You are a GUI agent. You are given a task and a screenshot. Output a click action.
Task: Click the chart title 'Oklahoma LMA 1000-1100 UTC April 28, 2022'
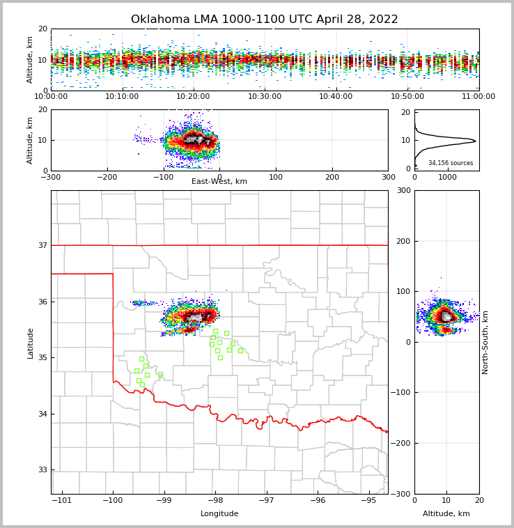(x=265, y=20)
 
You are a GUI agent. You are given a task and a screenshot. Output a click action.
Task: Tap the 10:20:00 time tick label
(x=193, y=97)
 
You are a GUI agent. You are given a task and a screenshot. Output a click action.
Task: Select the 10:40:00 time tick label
(x=336, y=97)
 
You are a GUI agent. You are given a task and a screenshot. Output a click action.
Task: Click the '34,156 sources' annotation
(x=451, y=163)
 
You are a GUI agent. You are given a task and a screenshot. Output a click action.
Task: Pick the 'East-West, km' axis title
(x=219, y=182)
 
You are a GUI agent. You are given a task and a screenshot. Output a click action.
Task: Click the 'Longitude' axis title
(x=219, y=514)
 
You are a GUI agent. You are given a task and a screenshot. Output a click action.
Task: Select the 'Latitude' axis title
(x=31, y=343)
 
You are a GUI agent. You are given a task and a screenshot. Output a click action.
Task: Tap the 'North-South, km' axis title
(x=485, y=342)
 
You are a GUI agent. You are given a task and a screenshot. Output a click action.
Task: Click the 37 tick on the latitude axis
(x=42, y=245)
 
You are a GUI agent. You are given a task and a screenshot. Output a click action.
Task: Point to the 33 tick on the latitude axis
(x=42, y=469)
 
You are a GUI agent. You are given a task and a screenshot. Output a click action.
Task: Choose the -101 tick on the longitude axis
(x=62, y=500)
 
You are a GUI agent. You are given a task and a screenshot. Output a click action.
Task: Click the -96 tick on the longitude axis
(x=318, y=500)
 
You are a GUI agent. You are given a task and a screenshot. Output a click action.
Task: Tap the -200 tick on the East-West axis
(x=107, y=177)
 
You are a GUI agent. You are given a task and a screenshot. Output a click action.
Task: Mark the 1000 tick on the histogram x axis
(x=447, y=177)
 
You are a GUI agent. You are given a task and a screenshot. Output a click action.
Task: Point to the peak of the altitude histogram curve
(x=476, y=141)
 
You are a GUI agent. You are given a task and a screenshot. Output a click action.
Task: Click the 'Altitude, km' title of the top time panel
(x=31, y=60)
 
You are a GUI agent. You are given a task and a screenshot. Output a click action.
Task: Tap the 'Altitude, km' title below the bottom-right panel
(x=446, y=514)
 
